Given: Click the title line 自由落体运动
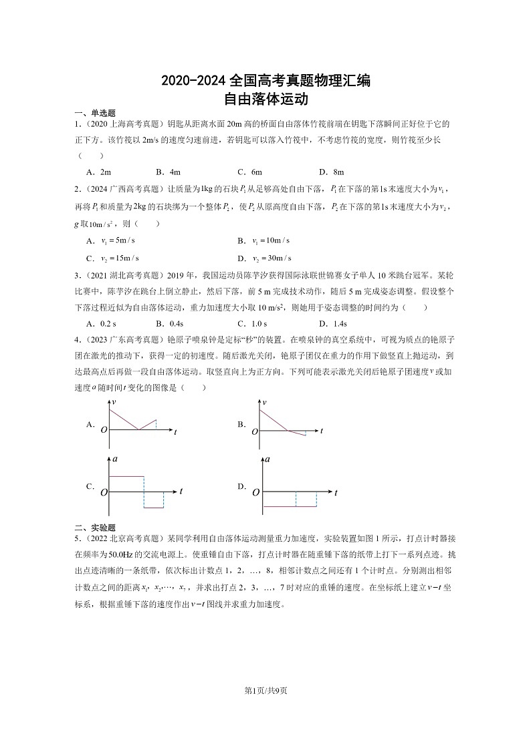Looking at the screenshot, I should [265, 100].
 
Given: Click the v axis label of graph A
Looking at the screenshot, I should [115, 402].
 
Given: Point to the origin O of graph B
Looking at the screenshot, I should [255, 432].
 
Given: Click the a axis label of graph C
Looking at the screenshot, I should [116, 460].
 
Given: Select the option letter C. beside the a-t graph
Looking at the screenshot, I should [90, 486].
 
